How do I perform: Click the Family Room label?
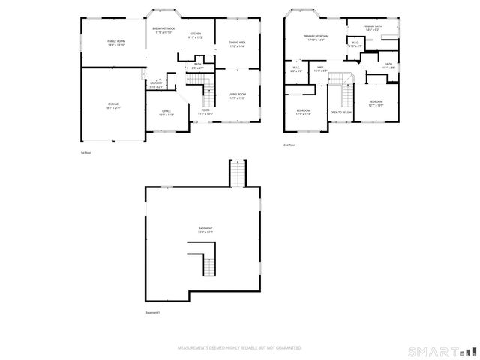point(115,43)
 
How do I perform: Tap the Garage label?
point(112,105)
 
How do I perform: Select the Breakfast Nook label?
point(163,31)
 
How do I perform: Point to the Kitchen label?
point(195,35)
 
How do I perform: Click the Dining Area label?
point(238,44)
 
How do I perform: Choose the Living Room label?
point(238,96)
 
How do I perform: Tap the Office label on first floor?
point(166,112)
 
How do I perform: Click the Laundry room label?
point(156,85)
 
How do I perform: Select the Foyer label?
point(205,112)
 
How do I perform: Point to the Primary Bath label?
point(373,28)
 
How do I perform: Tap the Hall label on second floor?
point(319,69)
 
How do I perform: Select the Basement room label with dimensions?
point(205,230)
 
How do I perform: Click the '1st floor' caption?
point(85,153)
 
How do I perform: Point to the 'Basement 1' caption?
point(153,312)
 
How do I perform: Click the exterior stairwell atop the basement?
point(237,174)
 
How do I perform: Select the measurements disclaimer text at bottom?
point(239,348)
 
